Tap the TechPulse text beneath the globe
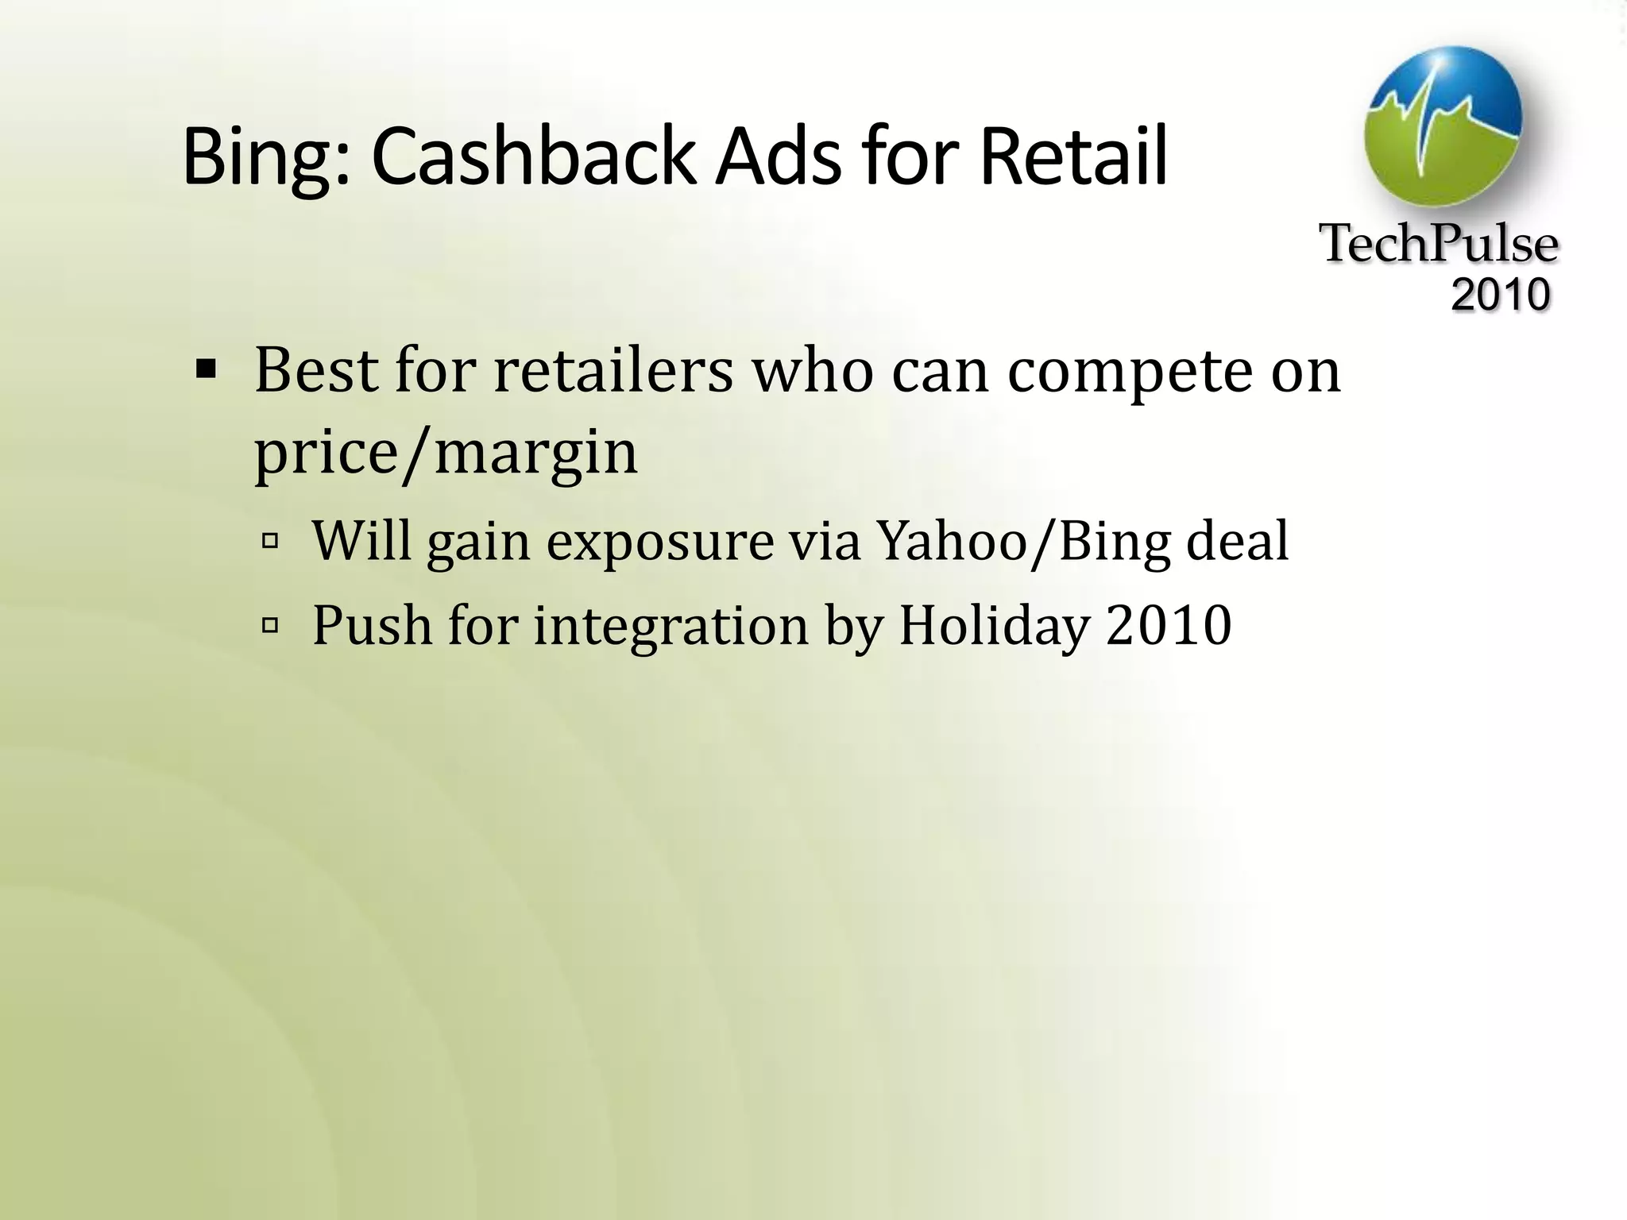1439,244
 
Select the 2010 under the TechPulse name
1500,295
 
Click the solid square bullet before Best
206,369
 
